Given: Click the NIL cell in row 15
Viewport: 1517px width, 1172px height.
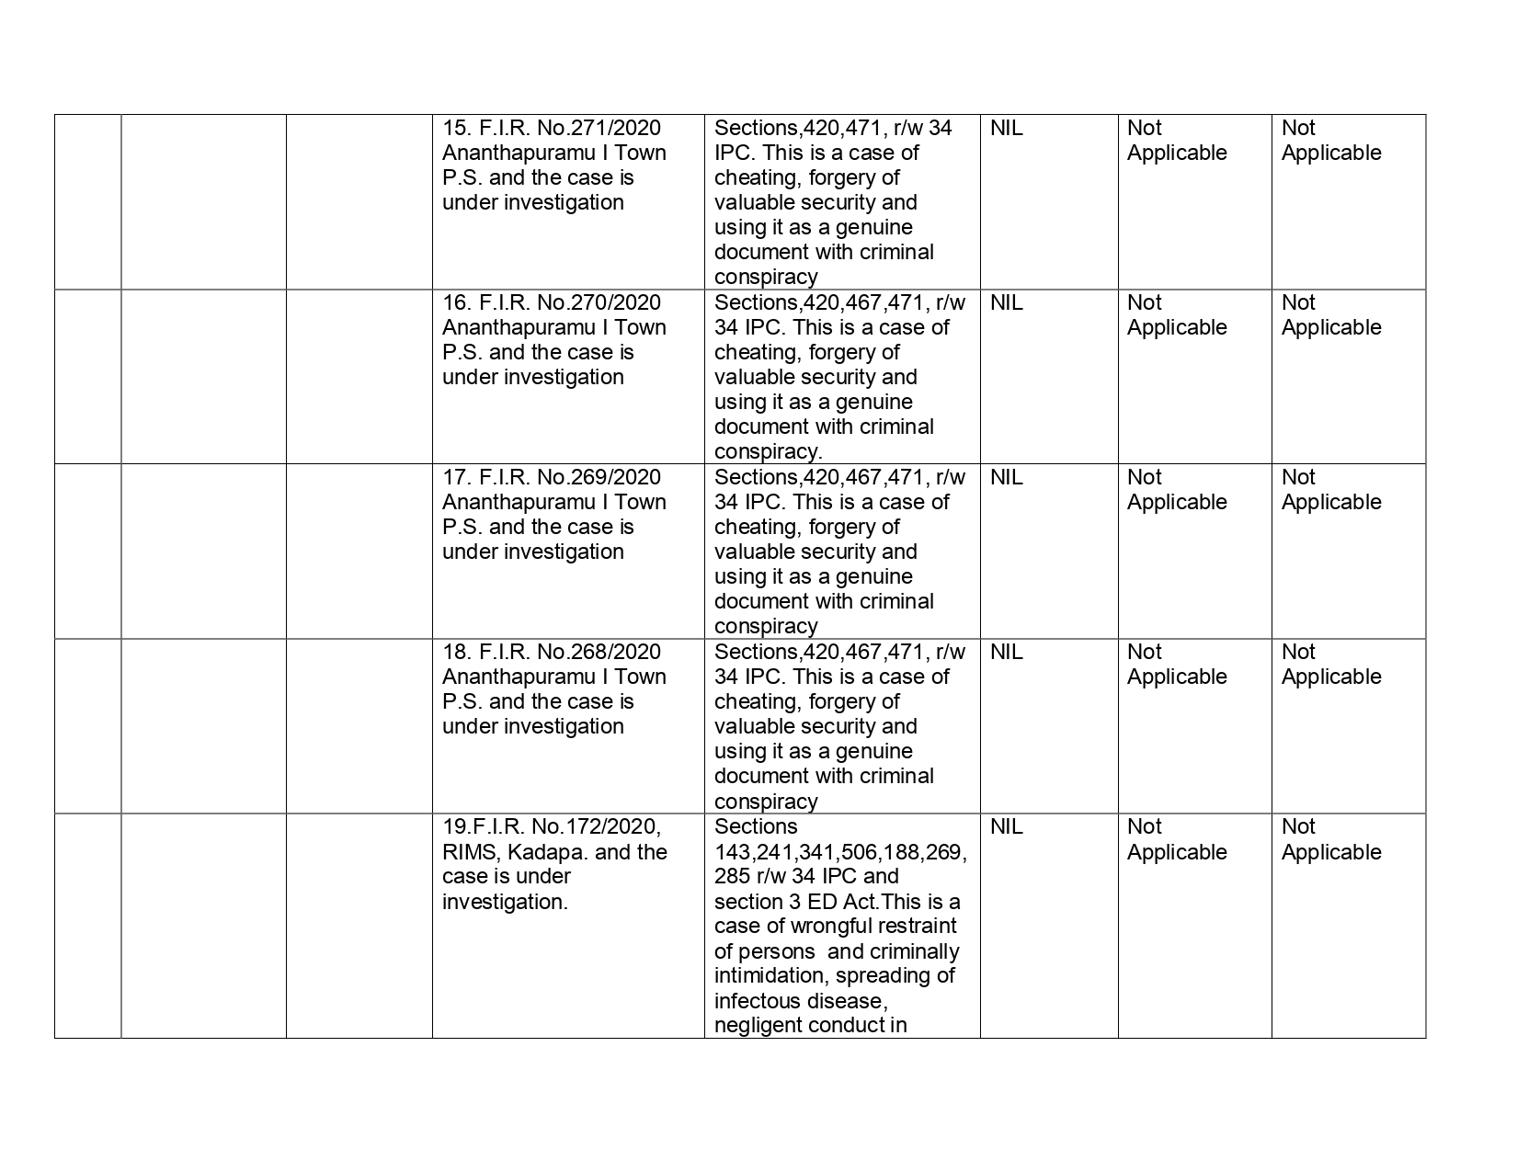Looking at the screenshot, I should (1006, 128).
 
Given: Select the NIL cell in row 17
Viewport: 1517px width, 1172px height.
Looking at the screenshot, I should (1006, 477).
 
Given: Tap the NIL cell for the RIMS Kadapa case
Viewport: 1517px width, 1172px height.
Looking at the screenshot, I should (1006, 826).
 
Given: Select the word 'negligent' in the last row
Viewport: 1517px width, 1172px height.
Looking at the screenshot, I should (756, 1026).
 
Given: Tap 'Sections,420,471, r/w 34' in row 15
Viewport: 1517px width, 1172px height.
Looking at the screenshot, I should (833, 128).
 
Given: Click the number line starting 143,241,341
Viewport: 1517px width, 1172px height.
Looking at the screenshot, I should (840, 852).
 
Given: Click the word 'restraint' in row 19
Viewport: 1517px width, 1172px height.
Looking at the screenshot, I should (916, 927).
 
